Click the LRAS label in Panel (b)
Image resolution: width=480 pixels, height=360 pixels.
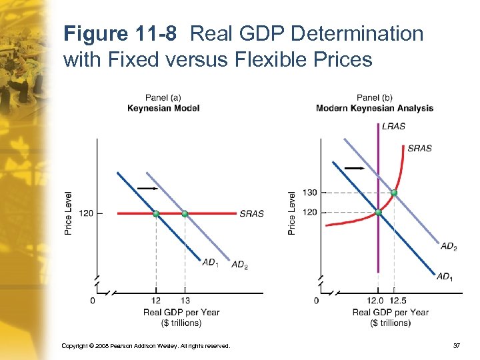[x=393, y=126]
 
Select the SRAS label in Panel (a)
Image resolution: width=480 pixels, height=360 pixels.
[x=251, y=214]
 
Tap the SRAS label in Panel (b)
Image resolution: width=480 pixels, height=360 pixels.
[x=419, y=148]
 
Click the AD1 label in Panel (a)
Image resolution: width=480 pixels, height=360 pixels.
[x=210, y=262]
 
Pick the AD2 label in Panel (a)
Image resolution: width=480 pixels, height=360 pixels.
[x=239, y=265]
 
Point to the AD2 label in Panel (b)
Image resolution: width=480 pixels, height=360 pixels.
[x=449, y=247]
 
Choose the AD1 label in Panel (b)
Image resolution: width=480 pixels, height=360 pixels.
[x=443, y=276]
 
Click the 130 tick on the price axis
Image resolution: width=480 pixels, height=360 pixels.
[x=310, y=193]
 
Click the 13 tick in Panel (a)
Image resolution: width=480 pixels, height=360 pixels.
[x=185, y=301]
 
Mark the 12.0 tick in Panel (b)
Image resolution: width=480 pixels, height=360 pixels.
[x=376, y=301]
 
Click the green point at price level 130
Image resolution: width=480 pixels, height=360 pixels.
[x=394, y=193]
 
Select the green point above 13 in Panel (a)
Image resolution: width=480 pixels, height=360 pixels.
[x=185, y=213]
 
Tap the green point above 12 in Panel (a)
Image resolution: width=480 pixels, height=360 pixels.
[x=156, y=213]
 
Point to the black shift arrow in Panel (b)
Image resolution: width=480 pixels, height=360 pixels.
[x=355, y=169]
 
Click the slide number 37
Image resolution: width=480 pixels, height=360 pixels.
[x=457, y=346]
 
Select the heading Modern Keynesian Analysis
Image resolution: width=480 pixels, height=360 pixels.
[x=375, y=108]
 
